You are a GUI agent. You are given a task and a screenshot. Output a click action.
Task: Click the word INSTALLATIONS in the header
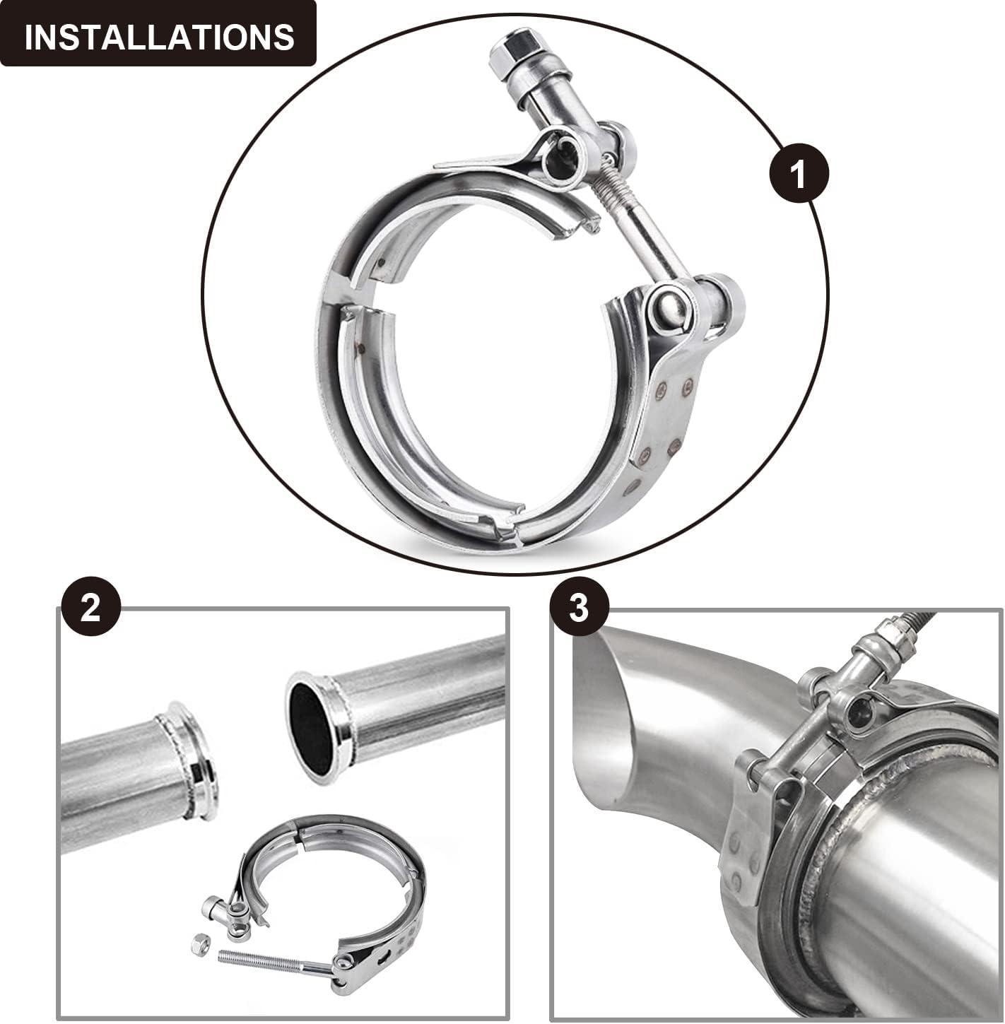159,37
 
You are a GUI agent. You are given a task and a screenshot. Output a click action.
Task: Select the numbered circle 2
91,606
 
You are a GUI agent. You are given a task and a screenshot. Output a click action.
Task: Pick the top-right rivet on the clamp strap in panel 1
687,384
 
